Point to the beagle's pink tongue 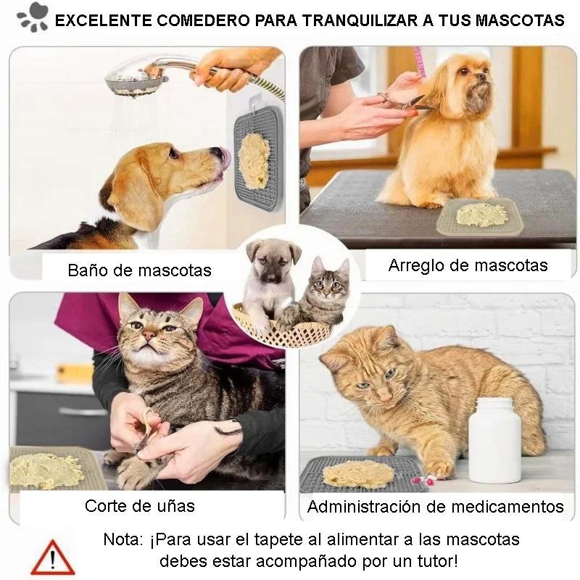point(225,159)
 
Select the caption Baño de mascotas point(139,270)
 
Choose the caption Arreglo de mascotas point(468,265)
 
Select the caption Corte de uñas point(139,505)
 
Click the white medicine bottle point(494,439)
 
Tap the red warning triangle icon point(52,558)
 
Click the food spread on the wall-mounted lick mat point(254,161)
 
